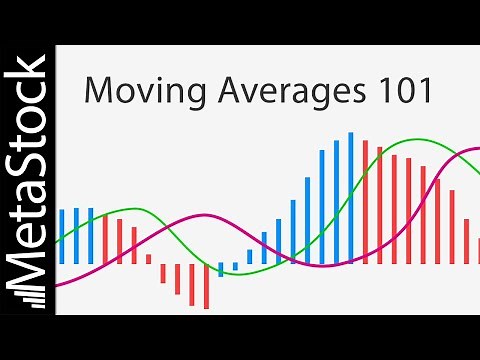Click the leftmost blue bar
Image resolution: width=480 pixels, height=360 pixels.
click(x=61, y=236)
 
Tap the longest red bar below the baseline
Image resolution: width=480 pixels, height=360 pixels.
click(x=206, y=286)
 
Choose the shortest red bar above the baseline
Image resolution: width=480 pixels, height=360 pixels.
click(x=148, y=259)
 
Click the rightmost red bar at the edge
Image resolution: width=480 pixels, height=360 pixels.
click(x=477, y=251)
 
